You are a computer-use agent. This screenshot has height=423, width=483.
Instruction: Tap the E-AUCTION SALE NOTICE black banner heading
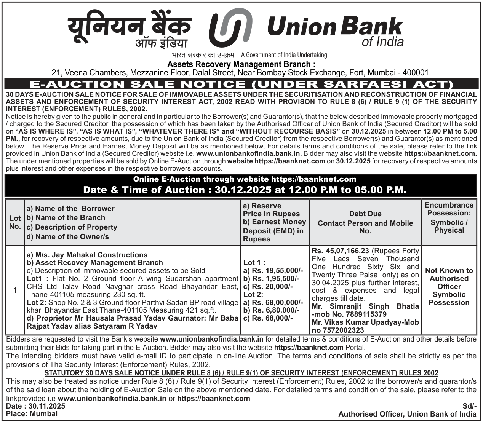pos(241,84)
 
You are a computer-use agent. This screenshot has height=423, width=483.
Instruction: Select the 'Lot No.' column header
pos(15,222)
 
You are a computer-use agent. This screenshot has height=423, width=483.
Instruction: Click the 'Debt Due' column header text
pos(365,214)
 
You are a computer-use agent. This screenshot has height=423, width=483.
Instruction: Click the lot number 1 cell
pos(15,291)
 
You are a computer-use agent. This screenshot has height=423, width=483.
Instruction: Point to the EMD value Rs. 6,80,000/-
pos(271,310)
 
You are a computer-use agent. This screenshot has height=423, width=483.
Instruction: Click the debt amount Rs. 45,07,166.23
pos(341,251)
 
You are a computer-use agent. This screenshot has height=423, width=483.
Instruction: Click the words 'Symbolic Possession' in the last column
pos(449,298)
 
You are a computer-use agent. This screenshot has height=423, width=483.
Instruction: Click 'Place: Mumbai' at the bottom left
pos(32,414)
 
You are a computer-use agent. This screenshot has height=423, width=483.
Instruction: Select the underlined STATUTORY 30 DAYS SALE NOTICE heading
pos(241,373)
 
